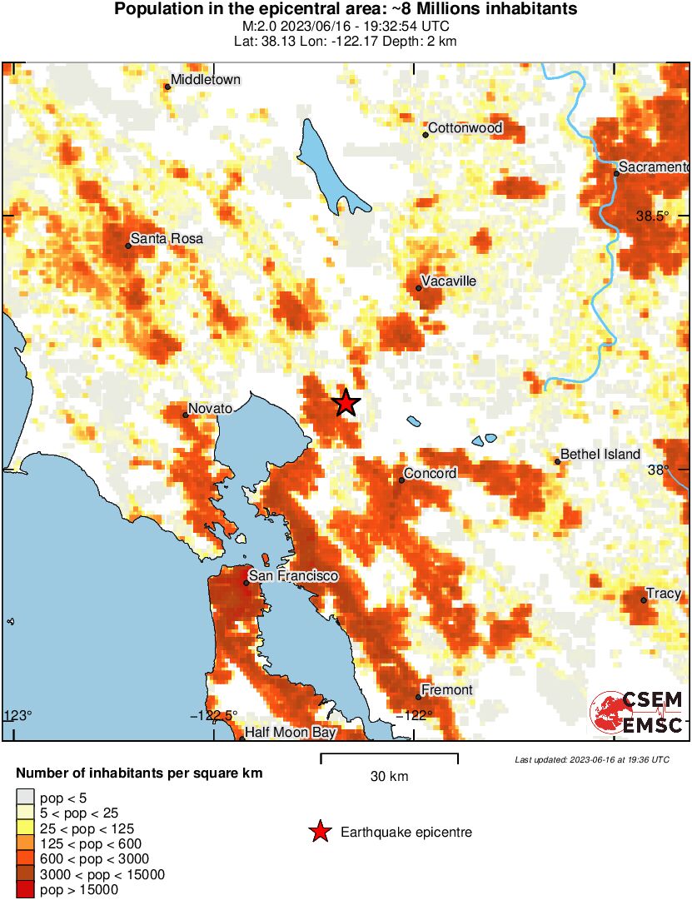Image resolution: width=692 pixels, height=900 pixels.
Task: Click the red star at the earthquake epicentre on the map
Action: click(346, 404)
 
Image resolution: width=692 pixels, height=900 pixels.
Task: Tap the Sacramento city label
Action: click(653, 167)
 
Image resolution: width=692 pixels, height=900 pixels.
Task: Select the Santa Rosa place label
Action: click(167, 239)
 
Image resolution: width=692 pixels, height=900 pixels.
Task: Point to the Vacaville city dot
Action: click(419, 288)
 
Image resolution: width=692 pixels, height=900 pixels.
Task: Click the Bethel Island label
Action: click(600, 454)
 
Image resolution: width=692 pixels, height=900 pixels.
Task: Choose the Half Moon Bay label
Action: click(291, 733)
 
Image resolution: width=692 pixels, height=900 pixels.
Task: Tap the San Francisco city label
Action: click(294, 576)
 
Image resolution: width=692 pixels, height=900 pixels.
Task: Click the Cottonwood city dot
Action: click(425, 134)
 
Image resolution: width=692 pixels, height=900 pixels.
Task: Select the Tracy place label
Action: click(665, 594)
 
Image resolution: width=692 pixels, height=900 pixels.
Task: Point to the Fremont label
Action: click(447, 690)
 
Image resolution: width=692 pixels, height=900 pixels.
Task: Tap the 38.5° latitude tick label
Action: click(653, 216)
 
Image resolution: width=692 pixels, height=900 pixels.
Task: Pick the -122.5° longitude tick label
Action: click(214, 715)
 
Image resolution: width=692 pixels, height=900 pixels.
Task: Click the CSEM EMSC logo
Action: click(639, 713)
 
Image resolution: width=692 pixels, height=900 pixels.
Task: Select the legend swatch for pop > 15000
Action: click(25, 890)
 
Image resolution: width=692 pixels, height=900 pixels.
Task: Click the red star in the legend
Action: click(319, 832)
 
